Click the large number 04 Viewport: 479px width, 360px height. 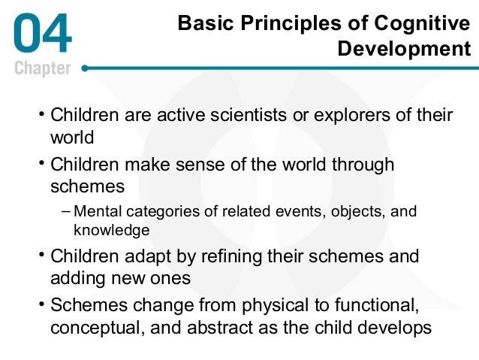(x=43, y=34)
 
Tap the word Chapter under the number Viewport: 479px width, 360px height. (x=43, y=68)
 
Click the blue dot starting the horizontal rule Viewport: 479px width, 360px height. (x=84, y=68)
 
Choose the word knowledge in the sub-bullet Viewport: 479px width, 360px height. (x=111, y=230)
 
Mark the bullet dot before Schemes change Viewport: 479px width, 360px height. (x=42, y=305)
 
